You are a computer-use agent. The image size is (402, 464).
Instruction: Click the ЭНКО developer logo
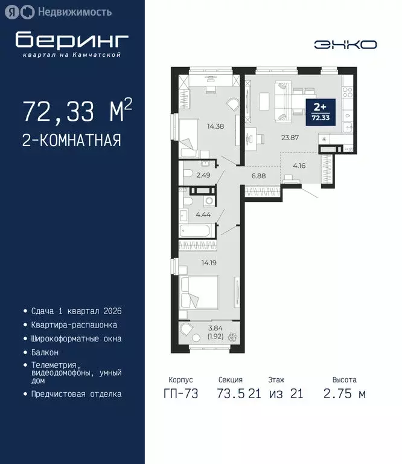click(345, 45)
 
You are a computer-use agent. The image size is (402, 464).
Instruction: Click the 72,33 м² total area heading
click(77, 112)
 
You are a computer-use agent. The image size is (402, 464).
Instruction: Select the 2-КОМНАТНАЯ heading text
click(72, 140)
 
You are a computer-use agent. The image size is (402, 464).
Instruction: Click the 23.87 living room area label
click(291, 137)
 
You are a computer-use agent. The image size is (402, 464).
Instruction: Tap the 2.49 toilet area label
click(203, 175)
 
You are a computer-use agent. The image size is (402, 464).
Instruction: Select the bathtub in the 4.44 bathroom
click(196, 231)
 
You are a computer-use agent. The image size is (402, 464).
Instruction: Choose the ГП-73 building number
click(180, 394)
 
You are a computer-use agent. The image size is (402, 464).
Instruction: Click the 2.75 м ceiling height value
click(344, 394)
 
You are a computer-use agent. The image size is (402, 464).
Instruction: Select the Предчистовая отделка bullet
click(76, 394)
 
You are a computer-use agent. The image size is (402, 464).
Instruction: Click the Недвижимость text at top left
click(75, 11)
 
